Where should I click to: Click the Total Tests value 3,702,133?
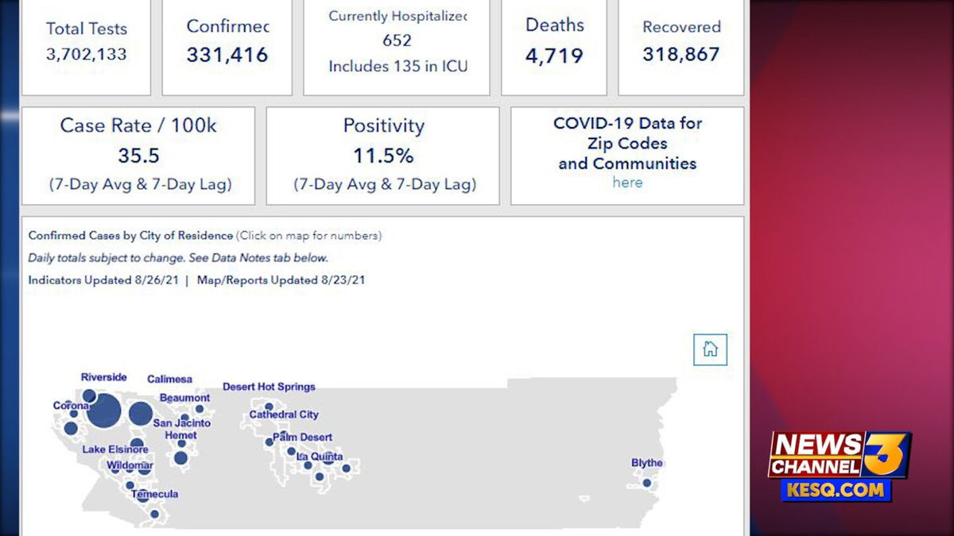[86, 54]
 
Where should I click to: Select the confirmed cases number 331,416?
[227, 55]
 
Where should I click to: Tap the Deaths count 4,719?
[554, 56]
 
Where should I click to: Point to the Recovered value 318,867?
[681, 54]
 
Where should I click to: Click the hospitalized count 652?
[397, 40]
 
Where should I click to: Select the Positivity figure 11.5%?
[384, 155]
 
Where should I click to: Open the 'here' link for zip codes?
[627, 183]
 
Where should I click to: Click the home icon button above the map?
[710, 349]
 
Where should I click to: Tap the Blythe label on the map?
[646, 463]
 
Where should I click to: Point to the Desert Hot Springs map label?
[269, 387]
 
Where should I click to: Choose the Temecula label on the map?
[154, 494]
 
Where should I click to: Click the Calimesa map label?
[169, 380]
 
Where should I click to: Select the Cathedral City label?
[284, 415]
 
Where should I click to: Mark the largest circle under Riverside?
[104, 411]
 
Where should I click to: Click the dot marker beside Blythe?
[647, 482]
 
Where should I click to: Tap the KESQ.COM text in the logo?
[836, 490]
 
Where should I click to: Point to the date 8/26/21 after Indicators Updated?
[156, 280]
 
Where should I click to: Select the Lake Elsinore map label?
[115, 449]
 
